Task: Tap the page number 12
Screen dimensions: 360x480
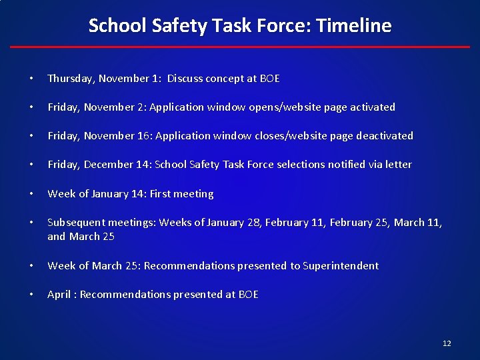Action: [x=447, y=343]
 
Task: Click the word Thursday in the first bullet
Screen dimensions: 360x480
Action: [x=71, y=79]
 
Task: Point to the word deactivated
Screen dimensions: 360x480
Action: [x=385, y=136]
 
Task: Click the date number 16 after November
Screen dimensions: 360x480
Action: [x=143, y=136]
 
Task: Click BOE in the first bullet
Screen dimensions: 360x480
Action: [x=269, y=79]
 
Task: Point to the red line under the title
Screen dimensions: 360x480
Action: [x=240, y=47]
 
